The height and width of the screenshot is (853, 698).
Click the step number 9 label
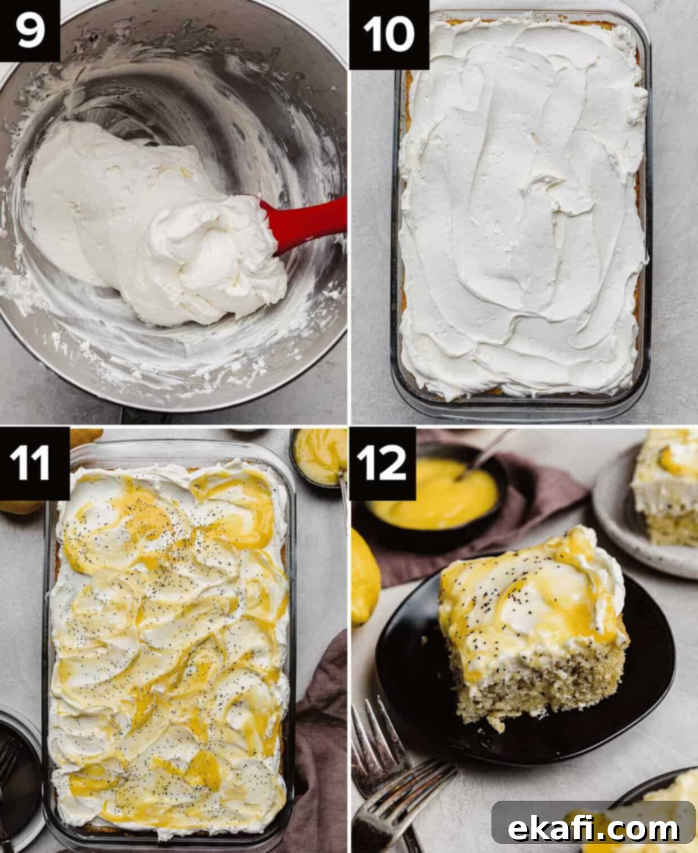click(29, 30)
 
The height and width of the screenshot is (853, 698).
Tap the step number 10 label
click(389, 35)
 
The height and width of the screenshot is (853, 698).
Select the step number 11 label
click(34, 464)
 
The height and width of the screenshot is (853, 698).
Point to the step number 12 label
click(382, 464)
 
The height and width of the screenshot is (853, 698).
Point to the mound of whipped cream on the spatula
click(211, 251)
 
